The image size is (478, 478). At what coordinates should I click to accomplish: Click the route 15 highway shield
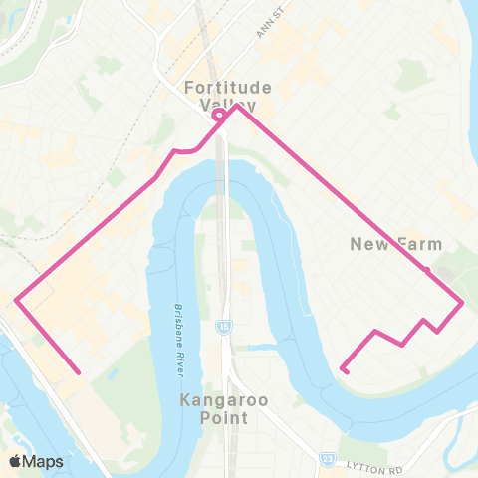(221, 327)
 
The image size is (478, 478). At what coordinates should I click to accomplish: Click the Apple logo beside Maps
(14, 461)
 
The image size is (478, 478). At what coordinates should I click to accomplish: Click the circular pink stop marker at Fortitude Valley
(218, 116)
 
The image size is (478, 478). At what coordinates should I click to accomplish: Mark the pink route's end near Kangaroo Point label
(343, 370)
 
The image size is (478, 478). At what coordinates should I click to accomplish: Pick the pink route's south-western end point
(78, 373)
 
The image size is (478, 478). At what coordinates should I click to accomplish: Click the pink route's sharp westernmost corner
(16, 299)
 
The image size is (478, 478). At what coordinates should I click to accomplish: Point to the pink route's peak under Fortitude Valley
(236, 105)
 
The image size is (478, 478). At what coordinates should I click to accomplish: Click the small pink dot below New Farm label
(426, 270)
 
